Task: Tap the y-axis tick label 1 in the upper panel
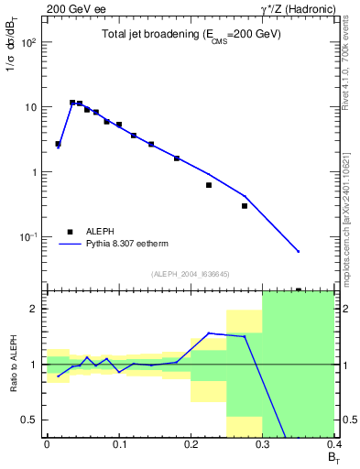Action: pyautogui.click(x=35, y=172)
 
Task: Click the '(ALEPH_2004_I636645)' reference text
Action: pyautogui.click(x=189, y=274)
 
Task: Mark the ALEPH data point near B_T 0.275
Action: pyautogui.click(x=245, y=206)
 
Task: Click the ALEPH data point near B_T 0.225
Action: pyautogui.click(x=209, y=185)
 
